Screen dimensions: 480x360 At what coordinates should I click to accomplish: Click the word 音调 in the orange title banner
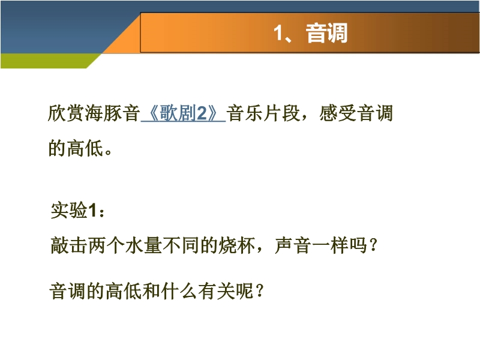(326, 33)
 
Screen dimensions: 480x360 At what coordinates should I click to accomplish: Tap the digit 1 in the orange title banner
(278, 33)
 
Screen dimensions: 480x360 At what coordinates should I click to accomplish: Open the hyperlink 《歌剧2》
(184, 113)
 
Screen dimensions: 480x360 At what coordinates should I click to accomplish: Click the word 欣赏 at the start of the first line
(66, 113)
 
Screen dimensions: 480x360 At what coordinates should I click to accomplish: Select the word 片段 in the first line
(281, 113)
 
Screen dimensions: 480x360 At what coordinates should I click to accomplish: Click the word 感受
(338, 113)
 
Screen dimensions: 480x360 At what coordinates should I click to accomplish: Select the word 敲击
(69, 245)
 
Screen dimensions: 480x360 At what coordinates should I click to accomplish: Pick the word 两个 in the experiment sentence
(106, 245)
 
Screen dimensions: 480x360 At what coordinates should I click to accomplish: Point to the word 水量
(143, 245)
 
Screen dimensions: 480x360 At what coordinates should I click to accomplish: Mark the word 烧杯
(236, 245)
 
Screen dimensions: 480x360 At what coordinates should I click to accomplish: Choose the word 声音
(293, 245)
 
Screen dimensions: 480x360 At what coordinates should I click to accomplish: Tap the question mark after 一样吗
(373, 245)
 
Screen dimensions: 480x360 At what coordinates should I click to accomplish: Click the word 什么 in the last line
(179, 291)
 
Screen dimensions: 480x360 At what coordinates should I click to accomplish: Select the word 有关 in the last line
(217, 291)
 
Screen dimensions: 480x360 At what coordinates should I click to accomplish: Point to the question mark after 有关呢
(260, 291)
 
